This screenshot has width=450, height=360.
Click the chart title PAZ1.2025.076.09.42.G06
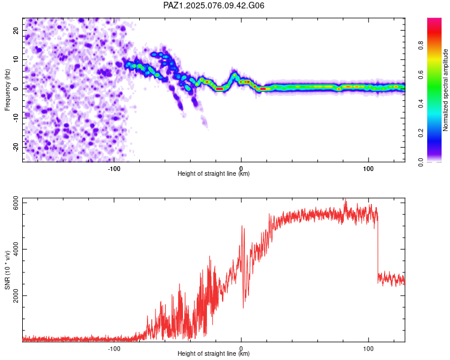click(214, 5)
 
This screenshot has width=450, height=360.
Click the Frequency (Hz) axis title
click(7, 90)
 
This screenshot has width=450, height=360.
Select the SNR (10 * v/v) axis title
click(7, 270)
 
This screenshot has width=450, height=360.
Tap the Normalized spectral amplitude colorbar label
click(445, 90)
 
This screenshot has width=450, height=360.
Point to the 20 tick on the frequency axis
click(16, 30)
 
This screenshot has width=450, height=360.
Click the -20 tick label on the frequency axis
click(16, 147)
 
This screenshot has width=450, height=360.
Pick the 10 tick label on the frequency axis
click(16, 59)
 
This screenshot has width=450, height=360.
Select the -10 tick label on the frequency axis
click(16, 118)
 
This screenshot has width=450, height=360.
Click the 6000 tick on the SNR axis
click(16, 203)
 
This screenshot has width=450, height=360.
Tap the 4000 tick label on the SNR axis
click(16, 249)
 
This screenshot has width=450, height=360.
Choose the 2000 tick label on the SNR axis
click(16, 295)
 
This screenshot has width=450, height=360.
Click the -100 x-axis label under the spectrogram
click(114, 169)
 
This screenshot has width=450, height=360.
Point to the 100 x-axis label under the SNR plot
click(368, 349)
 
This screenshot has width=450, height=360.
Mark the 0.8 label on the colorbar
click(421, 46)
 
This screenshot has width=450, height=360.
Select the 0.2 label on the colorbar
click(421, 133)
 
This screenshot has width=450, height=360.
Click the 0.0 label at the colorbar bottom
click(421, 162)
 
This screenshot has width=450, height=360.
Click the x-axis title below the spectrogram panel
click(214, 173)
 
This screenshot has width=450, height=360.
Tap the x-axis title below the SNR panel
click(214, 353)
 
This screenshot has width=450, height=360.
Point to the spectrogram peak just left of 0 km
click(235, 75)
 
